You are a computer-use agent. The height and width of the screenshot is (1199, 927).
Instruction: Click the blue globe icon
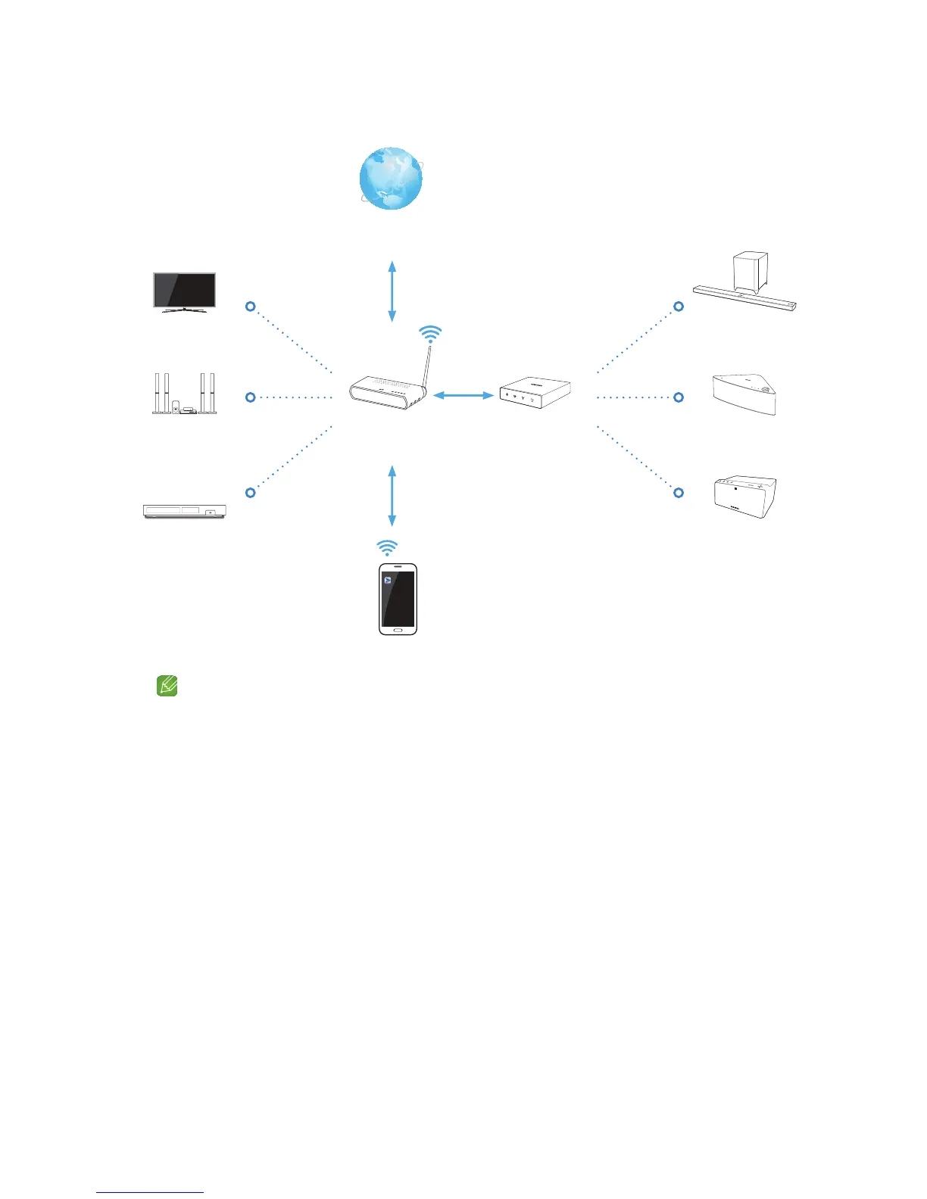(x=391, y=179)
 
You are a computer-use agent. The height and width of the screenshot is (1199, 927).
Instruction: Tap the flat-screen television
(x=185, y=291)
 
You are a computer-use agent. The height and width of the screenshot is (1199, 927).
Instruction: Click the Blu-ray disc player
(x=185, y=511)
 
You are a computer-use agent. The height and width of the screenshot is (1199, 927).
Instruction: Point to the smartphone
(x=398, y=599)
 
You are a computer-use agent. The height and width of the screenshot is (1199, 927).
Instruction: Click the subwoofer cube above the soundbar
(x=750, y=270)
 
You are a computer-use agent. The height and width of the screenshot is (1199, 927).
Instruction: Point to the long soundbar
(x=745, y=298)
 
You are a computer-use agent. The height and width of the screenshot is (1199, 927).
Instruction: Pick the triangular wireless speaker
(x=745, y=394)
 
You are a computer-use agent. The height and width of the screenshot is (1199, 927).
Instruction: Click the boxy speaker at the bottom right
(x=745, y=497)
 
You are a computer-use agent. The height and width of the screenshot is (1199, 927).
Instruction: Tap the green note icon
(x=167, y=687)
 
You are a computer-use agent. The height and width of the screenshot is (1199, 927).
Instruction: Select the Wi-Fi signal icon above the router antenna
(x=430, y=334)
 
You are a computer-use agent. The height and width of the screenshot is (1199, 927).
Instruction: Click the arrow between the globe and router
(x=392, y=291)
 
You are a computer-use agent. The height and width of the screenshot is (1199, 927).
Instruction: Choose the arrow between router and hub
(x=463, y=394)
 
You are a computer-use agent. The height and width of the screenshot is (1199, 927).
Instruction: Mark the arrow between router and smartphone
(x=392, y=496)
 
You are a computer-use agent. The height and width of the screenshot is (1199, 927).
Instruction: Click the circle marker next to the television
(x=251, y=307)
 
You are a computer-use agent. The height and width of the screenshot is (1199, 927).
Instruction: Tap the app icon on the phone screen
(x=387, y=581)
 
